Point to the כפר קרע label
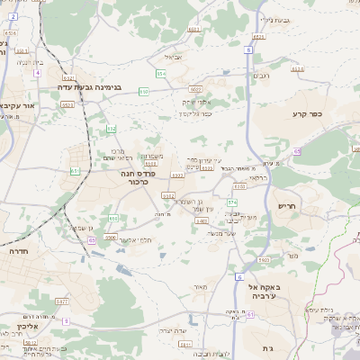tap(307, 114)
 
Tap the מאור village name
tap(200, 287)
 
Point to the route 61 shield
tap(250, 315)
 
